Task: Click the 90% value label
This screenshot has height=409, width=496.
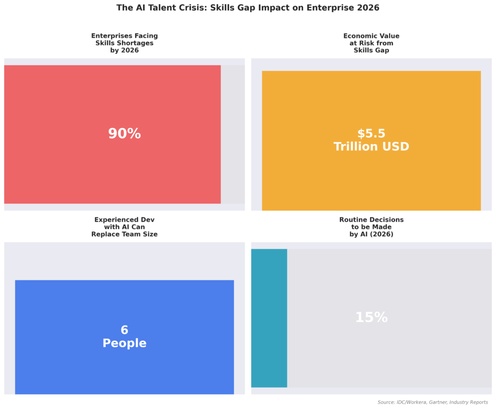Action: (124, 134)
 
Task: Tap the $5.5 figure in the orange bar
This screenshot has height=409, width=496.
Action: (371, 134)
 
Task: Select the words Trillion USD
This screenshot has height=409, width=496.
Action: (371, 147)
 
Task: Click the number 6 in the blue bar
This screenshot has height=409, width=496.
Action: (124, 330)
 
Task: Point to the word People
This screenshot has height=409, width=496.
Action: (124, 343)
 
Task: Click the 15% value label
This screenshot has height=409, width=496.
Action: (371, 317)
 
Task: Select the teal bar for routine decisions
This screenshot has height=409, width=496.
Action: (269, 318)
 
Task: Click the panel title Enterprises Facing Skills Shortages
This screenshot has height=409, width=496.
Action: (124, 43)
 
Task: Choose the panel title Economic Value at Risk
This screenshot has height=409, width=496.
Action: (371, 43)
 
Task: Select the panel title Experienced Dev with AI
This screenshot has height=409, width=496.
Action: (124, 227)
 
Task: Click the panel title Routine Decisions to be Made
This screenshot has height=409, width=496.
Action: (371, 227)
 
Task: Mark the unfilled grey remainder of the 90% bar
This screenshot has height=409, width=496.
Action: (232, 134)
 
